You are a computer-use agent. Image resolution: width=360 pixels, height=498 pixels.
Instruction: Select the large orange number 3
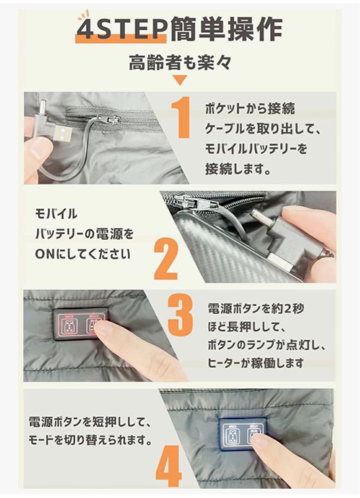pos(180,316)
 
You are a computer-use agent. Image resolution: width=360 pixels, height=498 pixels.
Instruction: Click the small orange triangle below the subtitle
pos(180,80)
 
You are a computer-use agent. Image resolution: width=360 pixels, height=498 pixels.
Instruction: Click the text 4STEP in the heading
pos(121,30)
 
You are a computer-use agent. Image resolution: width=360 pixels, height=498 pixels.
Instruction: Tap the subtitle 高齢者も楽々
pos(180,62)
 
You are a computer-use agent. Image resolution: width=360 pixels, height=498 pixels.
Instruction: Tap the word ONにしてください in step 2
pos(83,254)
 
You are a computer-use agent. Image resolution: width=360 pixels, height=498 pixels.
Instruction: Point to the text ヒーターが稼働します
pos(256,363)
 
